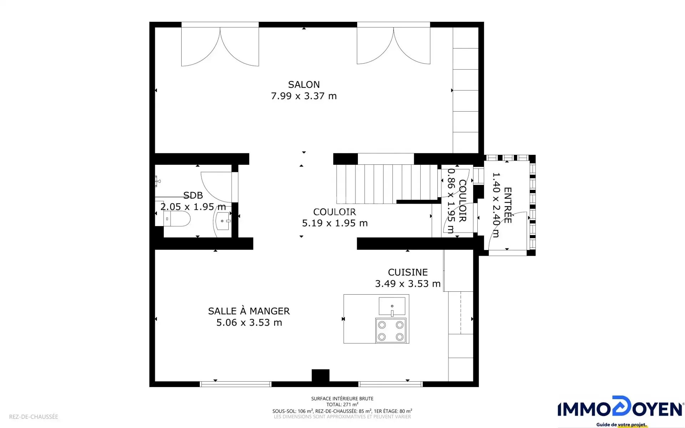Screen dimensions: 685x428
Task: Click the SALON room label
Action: (304, 85)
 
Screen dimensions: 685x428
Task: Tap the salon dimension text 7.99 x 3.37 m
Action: (304, 96)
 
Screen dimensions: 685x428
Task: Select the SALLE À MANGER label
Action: (249, 311)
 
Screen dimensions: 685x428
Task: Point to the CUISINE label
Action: (408, 272)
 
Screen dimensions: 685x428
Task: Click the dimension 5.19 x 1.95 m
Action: (335, 223)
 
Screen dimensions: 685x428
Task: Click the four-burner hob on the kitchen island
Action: (391, 331)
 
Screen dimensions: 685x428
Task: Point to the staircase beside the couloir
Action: (387, 184)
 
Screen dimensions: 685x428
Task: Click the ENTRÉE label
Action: (508, 205)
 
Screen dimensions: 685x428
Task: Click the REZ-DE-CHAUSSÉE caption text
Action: (34, 417)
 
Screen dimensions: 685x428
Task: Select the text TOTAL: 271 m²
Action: (342, 405)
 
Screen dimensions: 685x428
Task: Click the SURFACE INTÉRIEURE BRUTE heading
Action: (342, 399)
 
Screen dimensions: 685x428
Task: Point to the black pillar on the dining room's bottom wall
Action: (320, 376)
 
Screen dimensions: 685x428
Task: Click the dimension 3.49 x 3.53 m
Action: (408, 284)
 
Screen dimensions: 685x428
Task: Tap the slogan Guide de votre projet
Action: (621, 424)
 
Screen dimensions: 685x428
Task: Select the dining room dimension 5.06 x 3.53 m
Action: (249, 323)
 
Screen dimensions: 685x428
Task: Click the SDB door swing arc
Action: (210, 193)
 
